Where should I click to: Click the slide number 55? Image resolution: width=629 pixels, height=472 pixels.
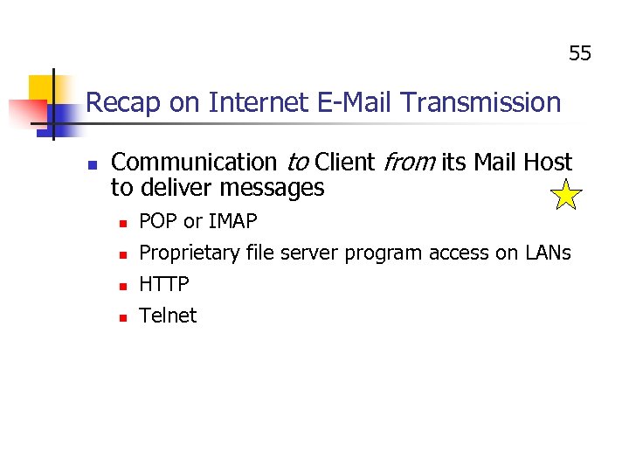pyautogui.click(x=580, y=54)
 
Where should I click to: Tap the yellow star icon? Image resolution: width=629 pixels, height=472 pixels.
pyautogui.click(x=567, y=196)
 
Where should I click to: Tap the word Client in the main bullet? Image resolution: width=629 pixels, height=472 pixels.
pyautogui.click(x=343, y=163)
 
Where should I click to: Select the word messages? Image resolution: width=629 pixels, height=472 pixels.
pyautogui.click(x=272, y=188)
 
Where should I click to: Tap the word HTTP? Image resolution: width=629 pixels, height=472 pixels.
pyautogui.click(x=164, y=284)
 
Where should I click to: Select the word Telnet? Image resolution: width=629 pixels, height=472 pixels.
pyautogui.click(x=168, y=316)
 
